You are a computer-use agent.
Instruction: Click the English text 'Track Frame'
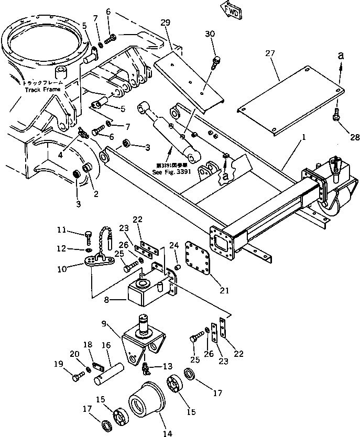pyautogui.click(x=43, y=90)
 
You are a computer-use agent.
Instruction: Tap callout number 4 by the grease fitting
pyautogui.click(x=61, y=140)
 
